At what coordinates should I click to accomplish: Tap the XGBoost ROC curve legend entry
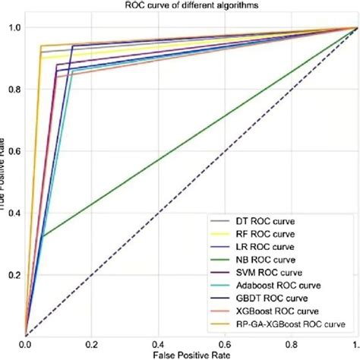pyautogui.click(x=267, y=312)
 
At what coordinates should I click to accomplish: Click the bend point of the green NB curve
pyautogui.click(x=43, y=237)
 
